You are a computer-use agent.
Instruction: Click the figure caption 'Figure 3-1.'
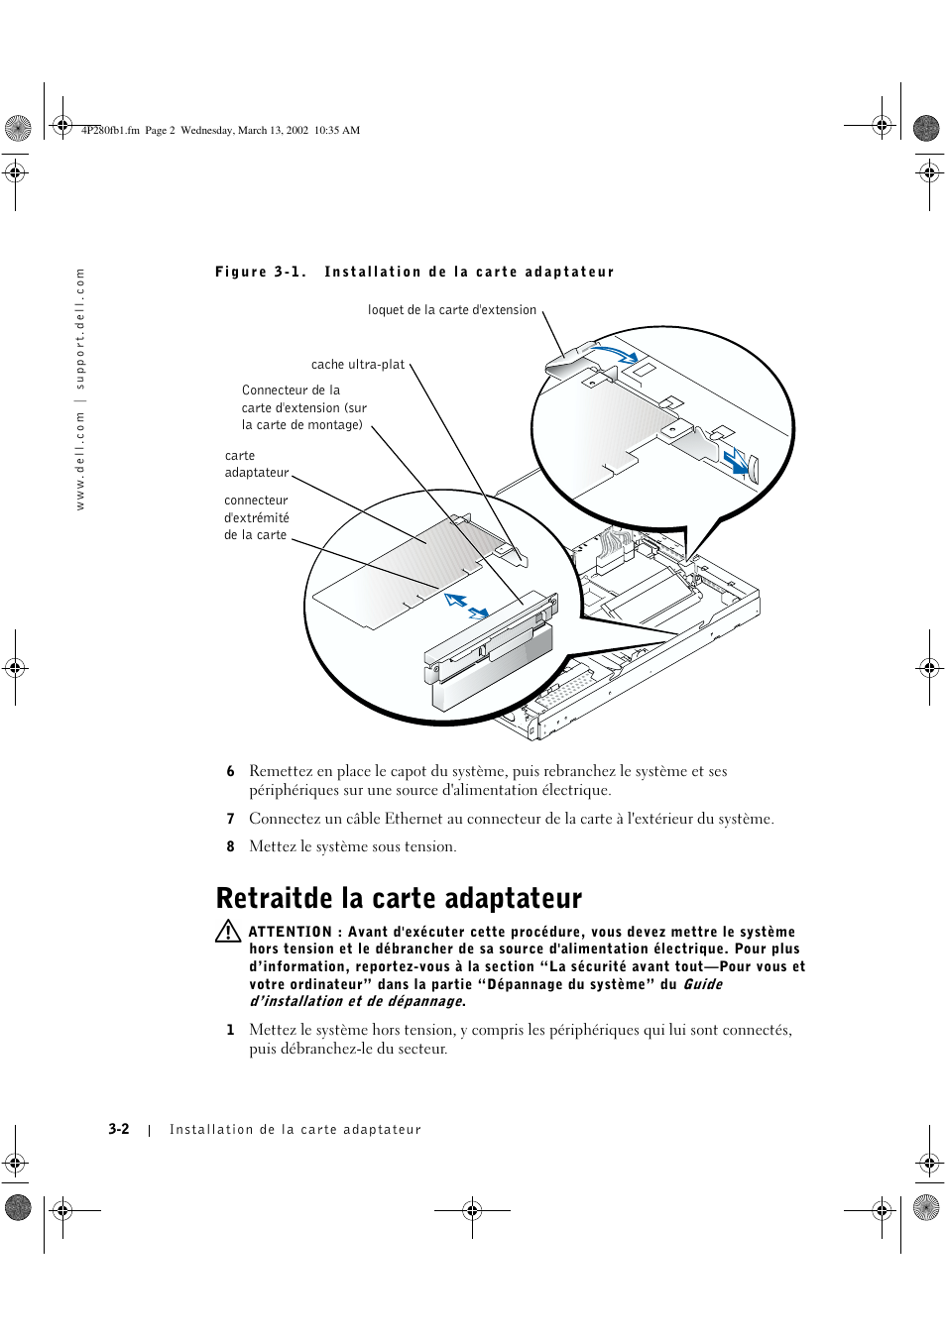(260, 272)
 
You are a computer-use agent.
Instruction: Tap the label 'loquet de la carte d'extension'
(451, 310)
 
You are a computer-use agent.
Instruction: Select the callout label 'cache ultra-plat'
(358, 365)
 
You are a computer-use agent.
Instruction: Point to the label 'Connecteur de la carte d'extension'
(303, 407)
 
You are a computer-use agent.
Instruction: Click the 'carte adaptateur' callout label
(256, 464)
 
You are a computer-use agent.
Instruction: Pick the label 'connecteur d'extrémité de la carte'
(256, 517)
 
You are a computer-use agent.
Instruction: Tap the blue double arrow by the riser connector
(466, 606)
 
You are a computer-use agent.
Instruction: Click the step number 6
(230, 771)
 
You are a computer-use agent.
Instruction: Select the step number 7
(230, 819)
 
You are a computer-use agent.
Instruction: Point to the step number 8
(230, 846)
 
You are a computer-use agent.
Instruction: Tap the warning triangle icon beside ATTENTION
(228, 932)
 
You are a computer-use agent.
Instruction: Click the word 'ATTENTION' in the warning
(290, 932)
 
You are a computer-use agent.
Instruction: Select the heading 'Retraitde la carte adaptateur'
(399, 898)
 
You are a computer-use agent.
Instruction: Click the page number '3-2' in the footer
(119, 1129)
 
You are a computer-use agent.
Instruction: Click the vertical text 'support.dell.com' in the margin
(80, 328)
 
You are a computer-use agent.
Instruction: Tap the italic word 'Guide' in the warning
(702, 984)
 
